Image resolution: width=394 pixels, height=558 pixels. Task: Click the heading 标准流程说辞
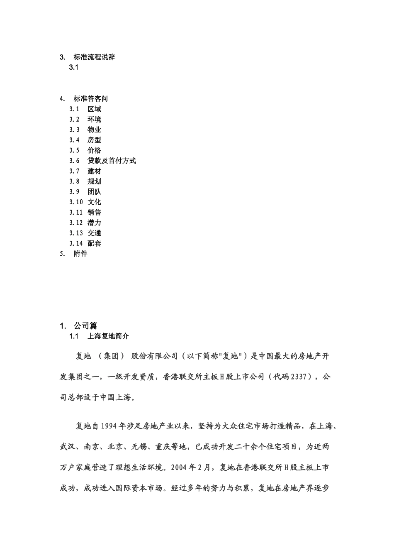click(94, 57)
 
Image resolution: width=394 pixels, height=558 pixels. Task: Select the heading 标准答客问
click(91, 99)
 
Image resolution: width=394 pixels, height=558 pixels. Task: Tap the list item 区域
click(94, 109)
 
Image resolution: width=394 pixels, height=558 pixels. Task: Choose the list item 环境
click(94, 120)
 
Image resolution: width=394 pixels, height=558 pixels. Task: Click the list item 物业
click(94, 130)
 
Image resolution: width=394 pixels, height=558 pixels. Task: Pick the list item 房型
click(94, 140)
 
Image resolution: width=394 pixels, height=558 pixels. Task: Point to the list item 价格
click(94, 151)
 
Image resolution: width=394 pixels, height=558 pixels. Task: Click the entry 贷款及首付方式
click(112, 161)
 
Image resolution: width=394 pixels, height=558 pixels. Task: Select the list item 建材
click(94, 171)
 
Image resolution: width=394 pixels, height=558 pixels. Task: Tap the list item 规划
click(94, 181)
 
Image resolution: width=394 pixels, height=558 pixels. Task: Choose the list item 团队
click(94, 192)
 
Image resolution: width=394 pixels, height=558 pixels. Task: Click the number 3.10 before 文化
click(76, 202)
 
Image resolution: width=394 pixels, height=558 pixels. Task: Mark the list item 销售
click(94, 213)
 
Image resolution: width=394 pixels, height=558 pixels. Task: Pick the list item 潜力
click(94, 223)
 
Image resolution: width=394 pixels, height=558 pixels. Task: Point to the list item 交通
click(94, 233)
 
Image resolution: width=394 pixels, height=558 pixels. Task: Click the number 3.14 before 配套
click(76, 244)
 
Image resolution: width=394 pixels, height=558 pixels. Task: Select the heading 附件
click(80, 254)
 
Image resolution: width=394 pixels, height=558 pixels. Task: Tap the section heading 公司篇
click(85, 326)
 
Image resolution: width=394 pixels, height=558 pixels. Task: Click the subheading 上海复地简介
click(108, 336)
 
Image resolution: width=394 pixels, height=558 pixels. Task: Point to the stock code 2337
click(299, 377)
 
